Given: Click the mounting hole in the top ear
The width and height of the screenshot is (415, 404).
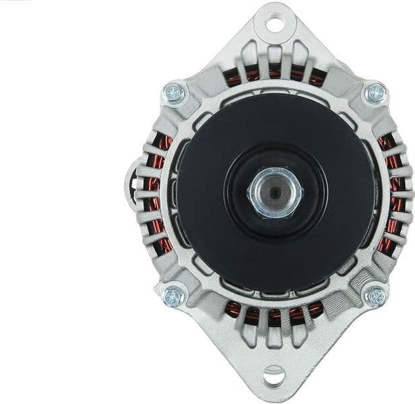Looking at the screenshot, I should tap(274, 25).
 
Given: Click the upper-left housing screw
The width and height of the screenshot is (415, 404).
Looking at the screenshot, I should tap(174, 93).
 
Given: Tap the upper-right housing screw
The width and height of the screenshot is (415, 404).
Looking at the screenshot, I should tap(375, 93).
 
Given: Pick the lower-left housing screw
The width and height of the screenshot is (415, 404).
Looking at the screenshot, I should tap(174, 295).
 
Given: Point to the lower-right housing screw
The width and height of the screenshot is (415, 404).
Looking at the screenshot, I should tap(375, 295).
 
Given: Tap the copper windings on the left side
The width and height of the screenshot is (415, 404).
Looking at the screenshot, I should tap(158, 195).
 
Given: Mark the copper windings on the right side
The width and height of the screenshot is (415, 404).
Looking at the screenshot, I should tap(392, 195).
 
